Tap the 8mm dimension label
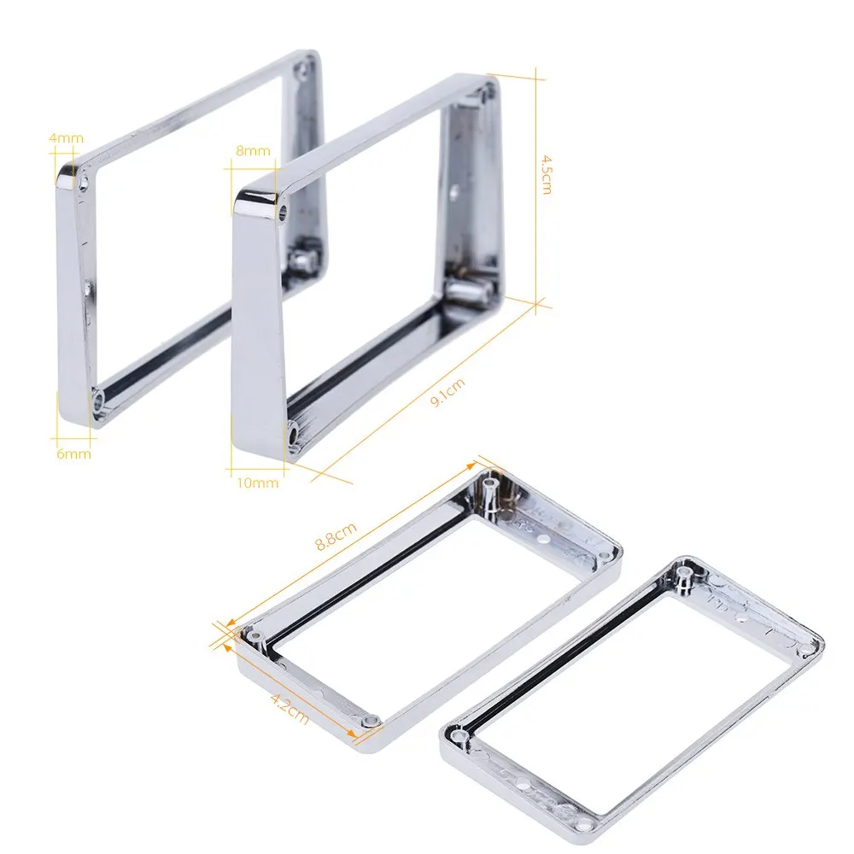coord(253,151)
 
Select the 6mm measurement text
coord(73,453)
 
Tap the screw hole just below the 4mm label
coord(85,182)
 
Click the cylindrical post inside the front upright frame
coord(465,290)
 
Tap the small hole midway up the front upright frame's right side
coord(454,190)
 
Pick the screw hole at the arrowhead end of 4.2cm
coord(368,722)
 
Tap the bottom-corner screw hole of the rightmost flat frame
coord(586,826)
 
